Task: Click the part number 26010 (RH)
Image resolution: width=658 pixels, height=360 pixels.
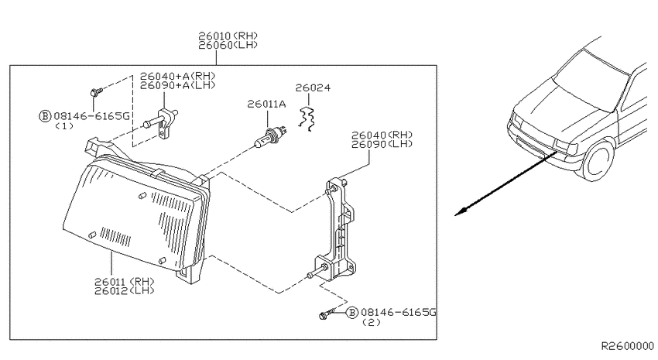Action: click(228, 36)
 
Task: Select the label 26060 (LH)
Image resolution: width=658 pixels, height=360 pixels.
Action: click(228, 45)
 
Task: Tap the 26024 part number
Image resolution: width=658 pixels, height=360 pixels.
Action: click(313, 87)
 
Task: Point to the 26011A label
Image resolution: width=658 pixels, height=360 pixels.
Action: click(266, 104)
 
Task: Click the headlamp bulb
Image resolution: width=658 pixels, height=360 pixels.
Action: click(271, 137)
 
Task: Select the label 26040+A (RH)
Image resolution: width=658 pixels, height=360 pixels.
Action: click(177, 77)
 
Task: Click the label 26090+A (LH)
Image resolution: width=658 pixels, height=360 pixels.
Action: click(177, 85)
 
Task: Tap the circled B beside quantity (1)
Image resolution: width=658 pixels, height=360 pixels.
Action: click(44, 116)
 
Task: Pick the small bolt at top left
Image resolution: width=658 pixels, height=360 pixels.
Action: click(95, 92)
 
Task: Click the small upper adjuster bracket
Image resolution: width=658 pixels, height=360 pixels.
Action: click(163, 123)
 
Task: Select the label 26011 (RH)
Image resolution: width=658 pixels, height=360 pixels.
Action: click(124, 282)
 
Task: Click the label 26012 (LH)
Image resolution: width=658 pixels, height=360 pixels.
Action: click(124, 290)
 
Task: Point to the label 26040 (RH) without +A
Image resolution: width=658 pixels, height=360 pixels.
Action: click(382, 135)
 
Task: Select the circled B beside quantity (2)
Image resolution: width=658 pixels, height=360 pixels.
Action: click(352, 312)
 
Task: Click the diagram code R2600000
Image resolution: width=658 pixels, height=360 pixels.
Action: click(628, 346)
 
